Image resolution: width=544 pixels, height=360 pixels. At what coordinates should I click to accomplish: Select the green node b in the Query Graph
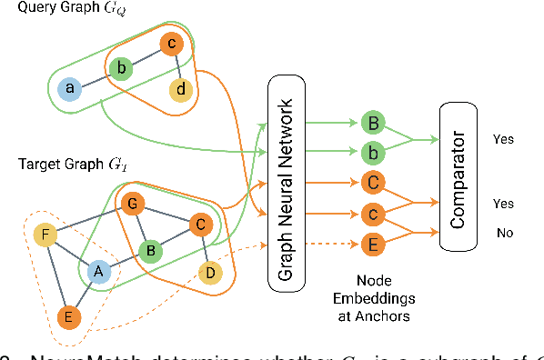tap(119, 67)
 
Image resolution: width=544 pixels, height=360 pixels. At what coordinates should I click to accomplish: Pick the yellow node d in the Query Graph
tap(180, 89)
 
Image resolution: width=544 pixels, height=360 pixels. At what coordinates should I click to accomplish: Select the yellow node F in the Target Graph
tap(45, 236)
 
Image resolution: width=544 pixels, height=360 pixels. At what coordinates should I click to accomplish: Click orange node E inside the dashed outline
tap(66, 317)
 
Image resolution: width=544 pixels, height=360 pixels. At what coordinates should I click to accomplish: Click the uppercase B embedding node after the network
tap(371, 122)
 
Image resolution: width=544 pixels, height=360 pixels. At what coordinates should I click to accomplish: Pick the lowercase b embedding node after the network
tap(371, 151)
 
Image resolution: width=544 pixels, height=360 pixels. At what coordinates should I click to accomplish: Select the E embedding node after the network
tap(371, 243)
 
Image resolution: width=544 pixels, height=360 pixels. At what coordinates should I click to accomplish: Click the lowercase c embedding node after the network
tap(371, 213)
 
